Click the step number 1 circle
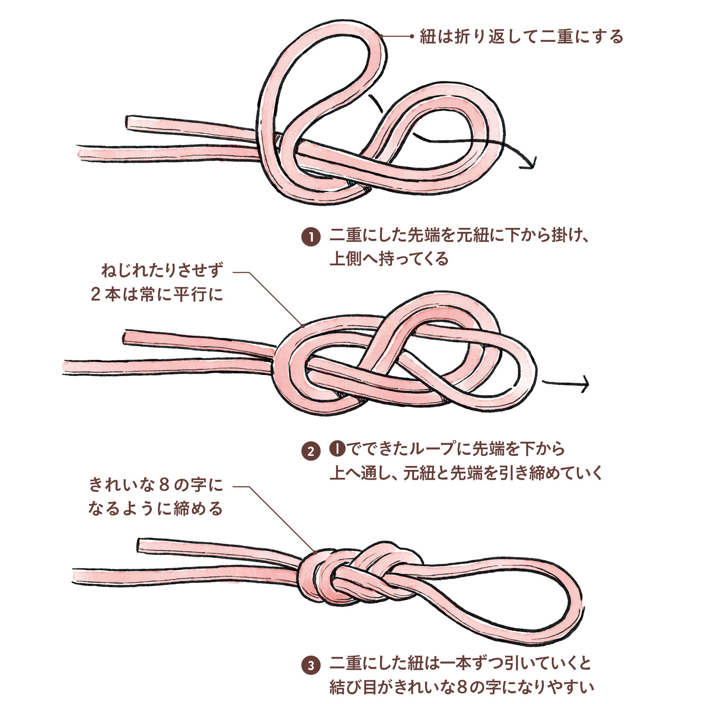[x=311, y=237]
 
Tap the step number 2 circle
[x=311, y=451]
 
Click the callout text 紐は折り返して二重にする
[x=521, y=37]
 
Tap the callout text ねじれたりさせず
[x=163, y=270]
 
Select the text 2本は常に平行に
[x=157, y=294]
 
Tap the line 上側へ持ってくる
[x=389, y=259]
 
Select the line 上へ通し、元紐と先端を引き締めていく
[x=466, y=473]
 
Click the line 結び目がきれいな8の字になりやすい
[x=462, y=687]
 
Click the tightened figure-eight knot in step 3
[x=356, y=576]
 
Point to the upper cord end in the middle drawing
[x=126, y=337]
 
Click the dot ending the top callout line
[x=412, y=37]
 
